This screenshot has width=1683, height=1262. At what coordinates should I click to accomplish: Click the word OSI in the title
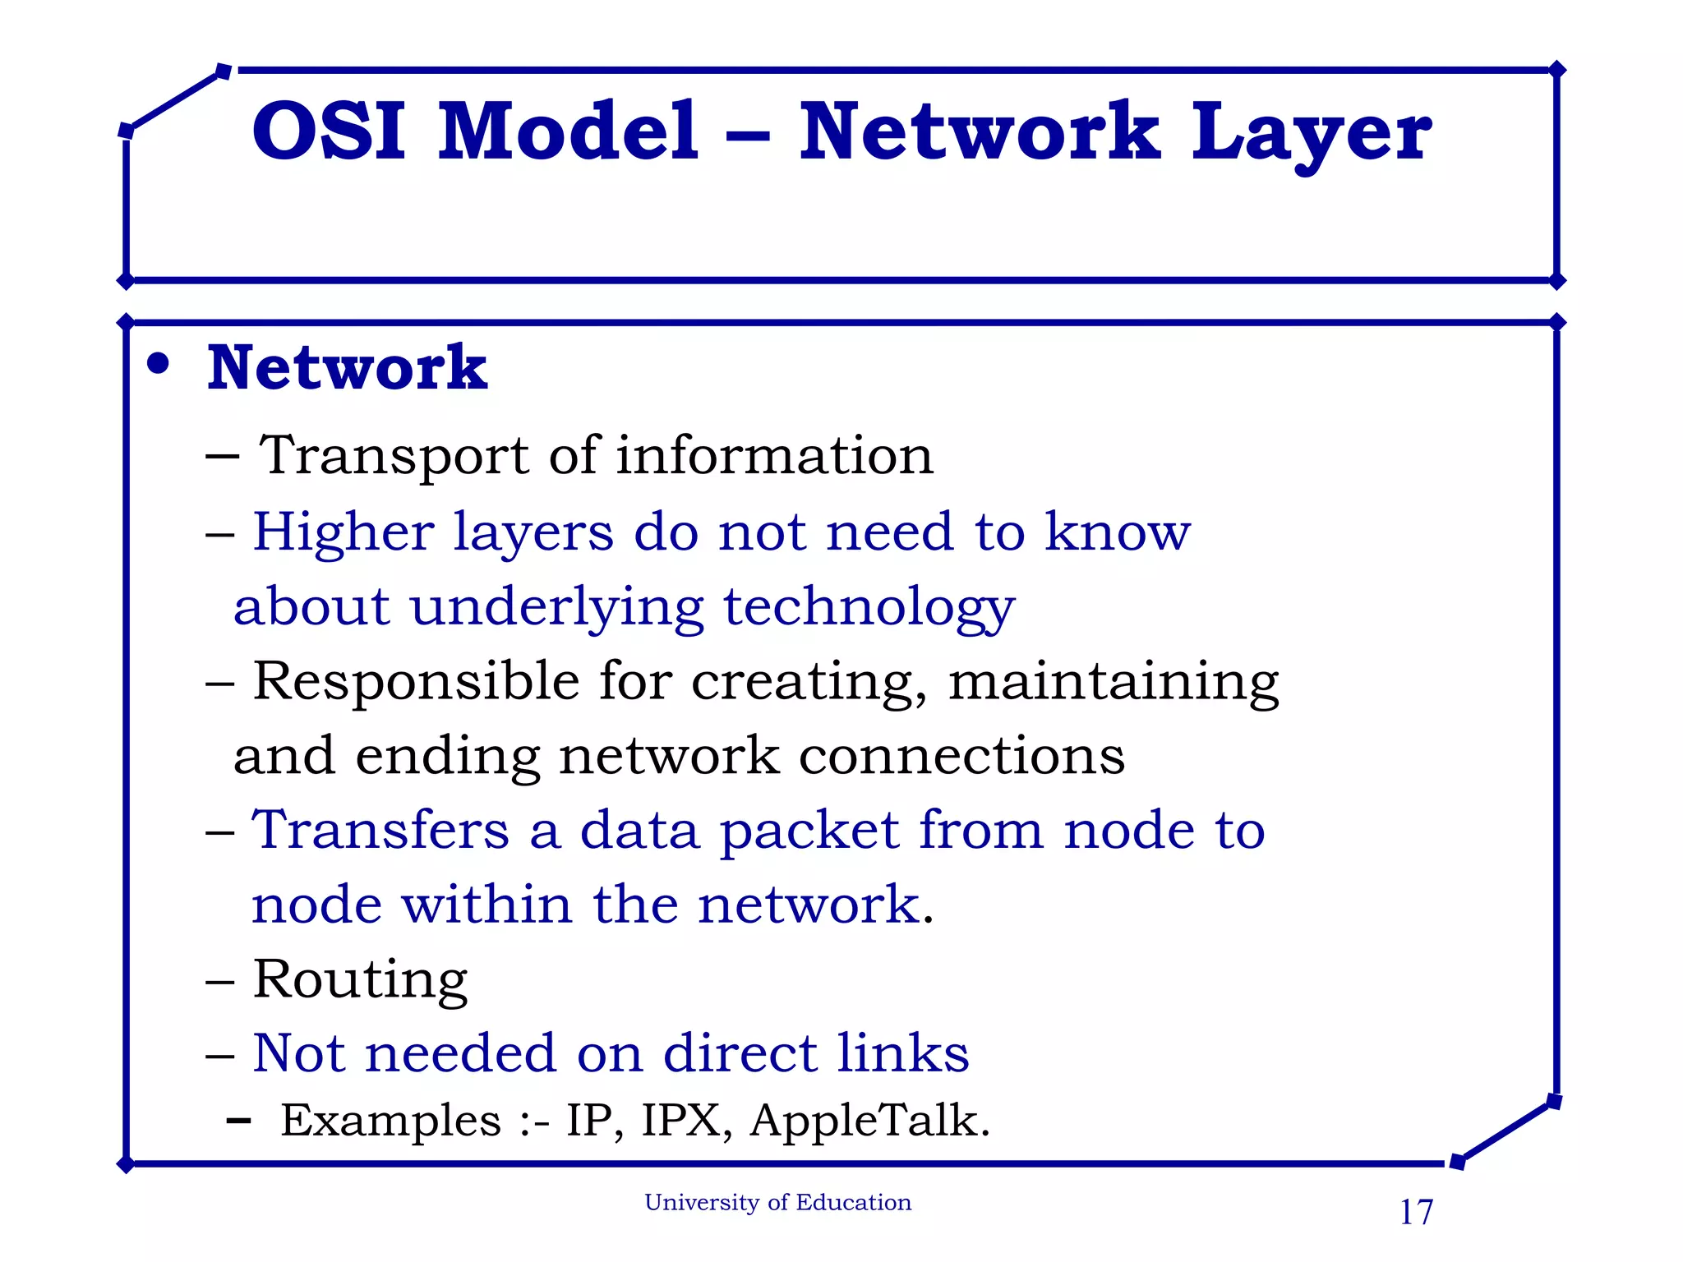pyautogui.click(x=328, y=131)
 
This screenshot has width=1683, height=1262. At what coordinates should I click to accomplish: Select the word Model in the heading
pyautogui.click(x=568, y=131)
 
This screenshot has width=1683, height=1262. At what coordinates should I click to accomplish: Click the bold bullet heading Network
pyautogui.click(x=347, y=368)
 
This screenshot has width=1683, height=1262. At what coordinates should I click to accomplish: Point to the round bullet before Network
pyautogui.click(x=158, y=364)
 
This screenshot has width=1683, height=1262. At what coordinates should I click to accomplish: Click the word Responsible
pyautogui.click(x=416, y=682)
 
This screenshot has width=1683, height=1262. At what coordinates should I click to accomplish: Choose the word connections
pyautogui.click(x=961, y=756)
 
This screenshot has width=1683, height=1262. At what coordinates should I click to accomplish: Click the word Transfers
pyautogui.click(x=380, y=830)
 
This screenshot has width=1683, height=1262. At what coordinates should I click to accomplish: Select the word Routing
pyautogui.click(x=360, y=981)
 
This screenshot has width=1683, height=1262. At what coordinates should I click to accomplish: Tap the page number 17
pyautogui.click(x=1416, y=1213)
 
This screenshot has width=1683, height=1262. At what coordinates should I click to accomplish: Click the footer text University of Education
pyautogui.click(x=777, y=1203)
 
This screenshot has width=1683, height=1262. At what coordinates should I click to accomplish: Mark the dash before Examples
pyautogui.click(x=238, y=1121)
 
